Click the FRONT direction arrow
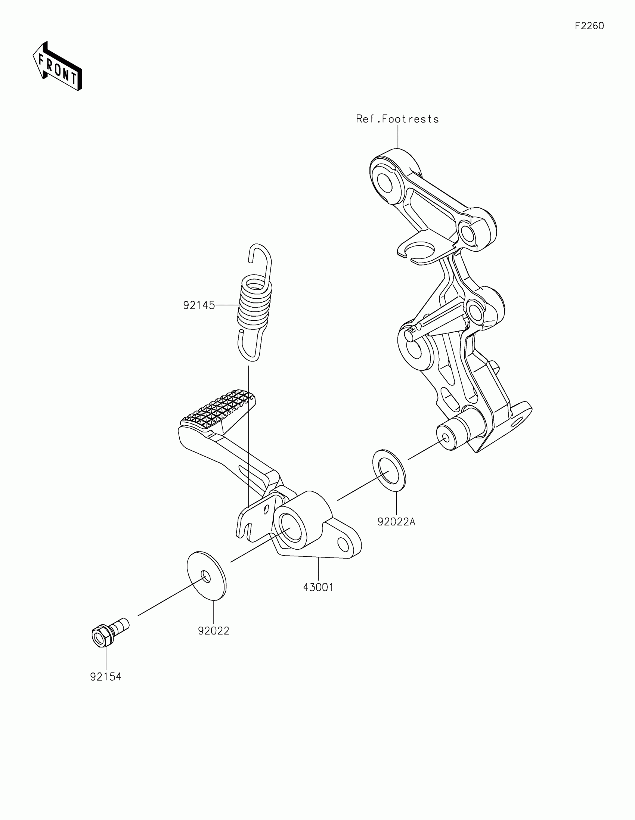pos(57,67)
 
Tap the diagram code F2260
pos(589,26)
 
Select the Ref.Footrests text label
pos(397,119)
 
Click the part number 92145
pos(199,305)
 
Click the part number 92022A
pos(396,522)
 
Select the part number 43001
pos(318,588)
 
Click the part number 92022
pos(213,631)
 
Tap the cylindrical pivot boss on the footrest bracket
pos(453,435)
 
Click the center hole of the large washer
pos(205,575)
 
